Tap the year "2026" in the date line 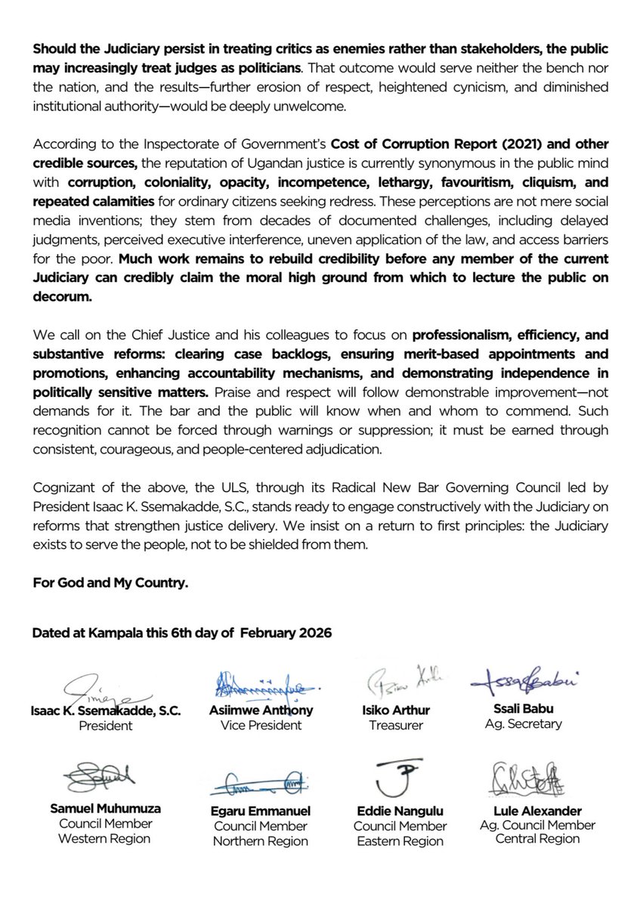[311, 633]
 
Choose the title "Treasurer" [396, 725]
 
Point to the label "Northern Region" [260, 840]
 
